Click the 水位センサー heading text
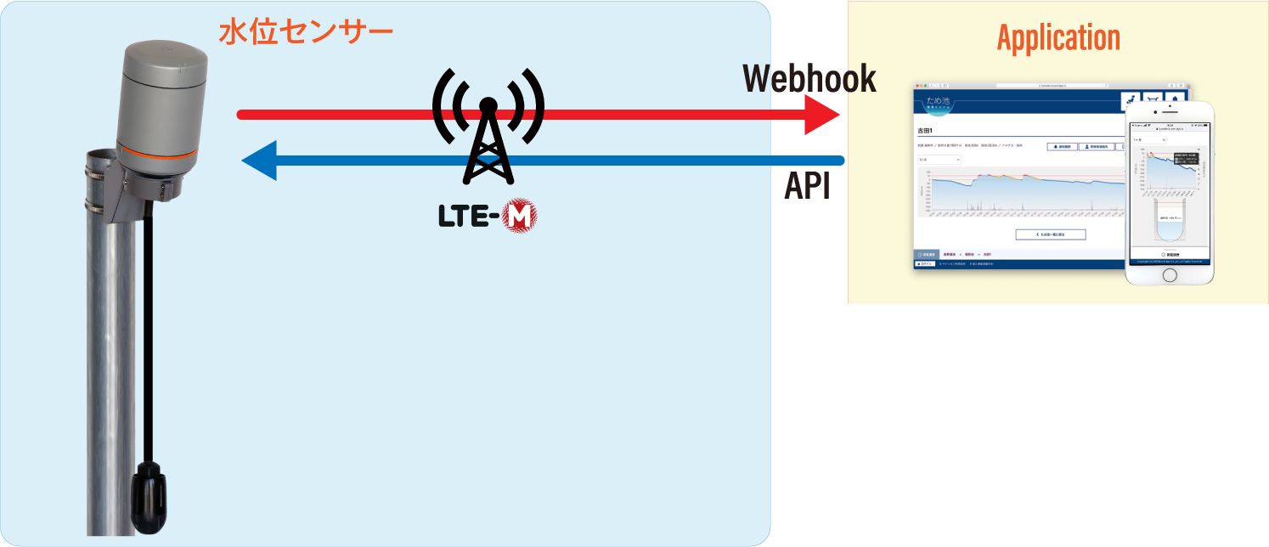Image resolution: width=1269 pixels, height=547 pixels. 306,32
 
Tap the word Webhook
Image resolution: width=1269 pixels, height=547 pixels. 809,78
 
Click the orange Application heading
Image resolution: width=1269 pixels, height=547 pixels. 1057,38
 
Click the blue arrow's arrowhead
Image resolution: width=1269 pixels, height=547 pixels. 259,161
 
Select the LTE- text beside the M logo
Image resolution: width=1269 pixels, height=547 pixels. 468,217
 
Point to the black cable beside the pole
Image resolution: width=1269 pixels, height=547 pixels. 147,340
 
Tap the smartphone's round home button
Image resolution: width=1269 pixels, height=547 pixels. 1169,276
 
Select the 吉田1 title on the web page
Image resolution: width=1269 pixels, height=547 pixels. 925,131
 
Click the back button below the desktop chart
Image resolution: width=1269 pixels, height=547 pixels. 1050,234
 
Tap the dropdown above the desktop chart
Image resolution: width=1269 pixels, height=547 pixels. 939,159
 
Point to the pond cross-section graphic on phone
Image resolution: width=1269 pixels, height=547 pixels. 1169,223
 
